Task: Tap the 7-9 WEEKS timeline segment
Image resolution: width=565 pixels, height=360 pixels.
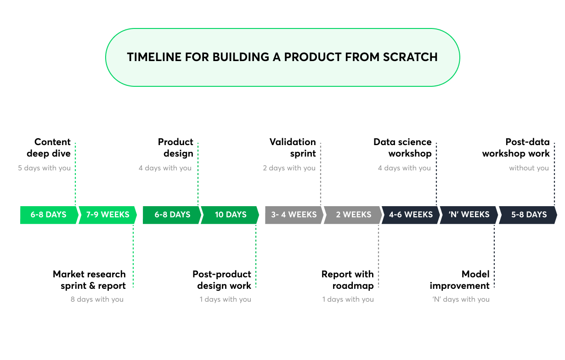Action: tap(107, 214)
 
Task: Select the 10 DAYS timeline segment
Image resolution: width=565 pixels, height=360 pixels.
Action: tap(230, 214)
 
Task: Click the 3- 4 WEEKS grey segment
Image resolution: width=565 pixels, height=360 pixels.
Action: tap(294, 214)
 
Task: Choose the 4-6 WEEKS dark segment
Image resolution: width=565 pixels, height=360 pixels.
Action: tap(411, 214)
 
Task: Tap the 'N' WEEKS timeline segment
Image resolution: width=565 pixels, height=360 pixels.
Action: tap(469, 214)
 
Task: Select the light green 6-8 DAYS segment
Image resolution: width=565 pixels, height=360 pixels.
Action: tap(48, 214)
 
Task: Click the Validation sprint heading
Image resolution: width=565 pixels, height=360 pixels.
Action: tap(293, 147)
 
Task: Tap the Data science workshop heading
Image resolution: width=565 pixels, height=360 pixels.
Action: tap(403, 147)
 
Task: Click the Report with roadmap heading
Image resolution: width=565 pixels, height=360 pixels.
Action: tap(348, 280)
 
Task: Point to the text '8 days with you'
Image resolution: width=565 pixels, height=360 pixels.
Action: tap(97, 299)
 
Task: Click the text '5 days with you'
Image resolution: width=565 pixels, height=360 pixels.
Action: tap(45, 168)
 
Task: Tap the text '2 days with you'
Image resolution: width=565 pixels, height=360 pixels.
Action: tap(289, 168)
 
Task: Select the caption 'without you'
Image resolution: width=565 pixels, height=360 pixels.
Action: tap(529, 168)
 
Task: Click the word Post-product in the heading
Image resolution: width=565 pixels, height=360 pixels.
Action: tap(222, 274)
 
